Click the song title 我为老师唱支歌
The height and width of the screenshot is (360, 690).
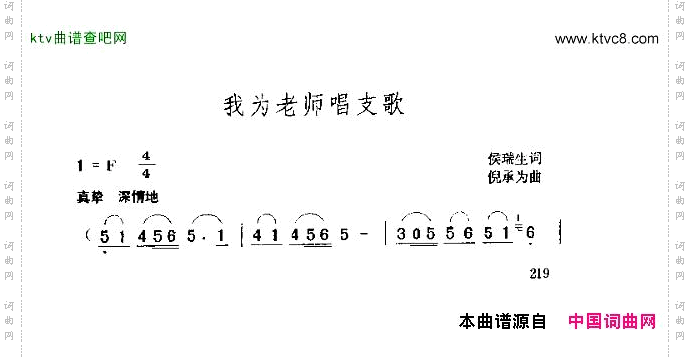click(313, 105)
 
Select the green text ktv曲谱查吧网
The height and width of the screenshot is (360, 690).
click(79, 39)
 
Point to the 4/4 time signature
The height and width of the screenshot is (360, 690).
click(146, 166)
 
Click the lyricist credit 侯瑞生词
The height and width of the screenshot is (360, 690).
click(514, 159)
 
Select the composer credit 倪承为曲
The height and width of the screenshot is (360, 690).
click(514, 176)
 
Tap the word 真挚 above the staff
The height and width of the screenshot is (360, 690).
click(89, 196)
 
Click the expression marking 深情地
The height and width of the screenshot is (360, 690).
click(138, 196)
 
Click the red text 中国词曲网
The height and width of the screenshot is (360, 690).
click(611, 322)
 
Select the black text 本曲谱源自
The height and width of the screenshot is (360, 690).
click(502, 322)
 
